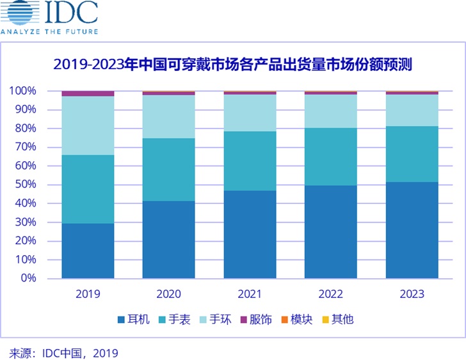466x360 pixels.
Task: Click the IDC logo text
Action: [x=70, y=13]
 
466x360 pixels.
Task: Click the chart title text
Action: [x=232, y=65]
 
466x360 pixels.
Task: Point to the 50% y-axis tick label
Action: [x=23, y=185]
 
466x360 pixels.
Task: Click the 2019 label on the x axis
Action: [x=88, y=295]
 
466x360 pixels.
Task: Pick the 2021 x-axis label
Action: [x=250, y=295]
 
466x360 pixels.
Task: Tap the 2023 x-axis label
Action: [x=412, y=295]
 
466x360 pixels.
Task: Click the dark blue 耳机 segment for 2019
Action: [x=88, y=251]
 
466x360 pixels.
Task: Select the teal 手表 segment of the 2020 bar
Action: [x=168, y=169]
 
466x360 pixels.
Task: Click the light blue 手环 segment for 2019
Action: [x=88, y=125]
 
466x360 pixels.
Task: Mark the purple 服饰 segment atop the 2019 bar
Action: [x=88, y=93]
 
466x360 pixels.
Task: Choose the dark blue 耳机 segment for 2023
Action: [x=412, y=230]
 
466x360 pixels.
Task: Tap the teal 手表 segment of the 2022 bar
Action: [x=330, y=157]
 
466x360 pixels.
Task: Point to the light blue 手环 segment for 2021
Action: [x=250, y=113]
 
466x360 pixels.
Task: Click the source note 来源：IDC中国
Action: [x=63, y=352]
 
